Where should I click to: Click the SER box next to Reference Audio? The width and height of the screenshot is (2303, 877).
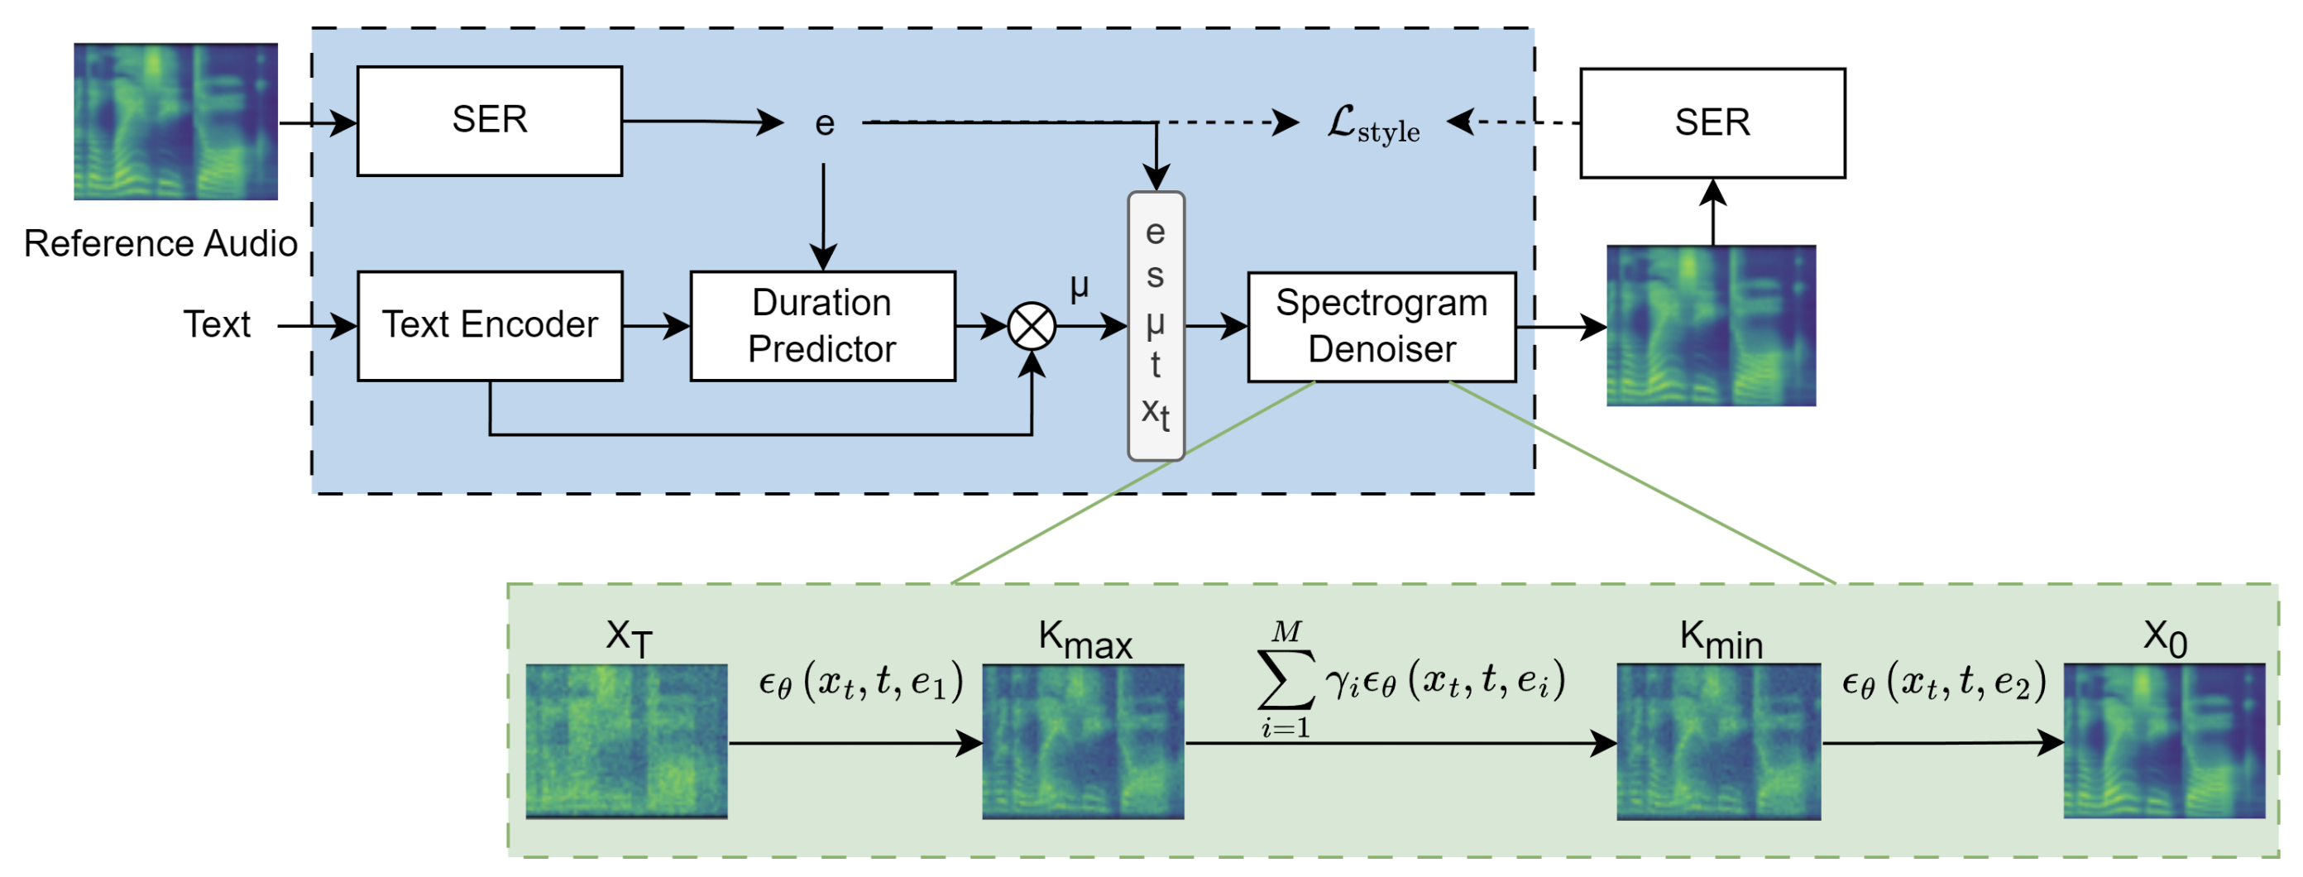[489, 121]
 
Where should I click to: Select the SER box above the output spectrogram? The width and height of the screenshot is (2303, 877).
[1712, 122]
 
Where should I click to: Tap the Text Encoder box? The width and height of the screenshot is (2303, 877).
[489, 325]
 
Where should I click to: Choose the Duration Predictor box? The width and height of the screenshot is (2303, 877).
[821, 325]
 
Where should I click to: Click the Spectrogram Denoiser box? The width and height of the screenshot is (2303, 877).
[1381, 326]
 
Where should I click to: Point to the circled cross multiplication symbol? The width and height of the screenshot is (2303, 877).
[1031, 326]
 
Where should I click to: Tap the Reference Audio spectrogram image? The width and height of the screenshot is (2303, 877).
[175, 121]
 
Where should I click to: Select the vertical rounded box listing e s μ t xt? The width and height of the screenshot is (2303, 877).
[1155, 325]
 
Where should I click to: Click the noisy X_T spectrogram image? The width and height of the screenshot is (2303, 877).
[626, 740]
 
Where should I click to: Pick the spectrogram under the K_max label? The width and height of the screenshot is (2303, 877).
[1083, 740]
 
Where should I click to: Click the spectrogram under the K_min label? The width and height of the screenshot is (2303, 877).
[1717, 740]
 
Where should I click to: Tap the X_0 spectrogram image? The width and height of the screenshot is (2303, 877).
[2163, 740]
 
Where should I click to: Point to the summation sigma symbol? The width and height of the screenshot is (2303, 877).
[1285, 679]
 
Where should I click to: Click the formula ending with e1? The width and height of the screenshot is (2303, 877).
[860, 682]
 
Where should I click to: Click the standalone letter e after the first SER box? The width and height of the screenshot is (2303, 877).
[824, 123]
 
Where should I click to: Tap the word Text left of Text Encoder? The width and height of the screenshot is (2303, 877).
[217, 323]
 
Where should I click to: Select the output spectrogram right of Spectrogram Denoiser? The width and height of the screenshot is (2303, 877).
[1710, 325]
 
